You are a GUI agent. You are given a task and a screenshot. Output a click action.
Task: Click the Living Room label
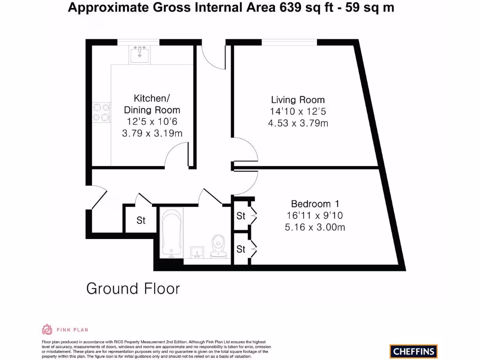tap(298, 100)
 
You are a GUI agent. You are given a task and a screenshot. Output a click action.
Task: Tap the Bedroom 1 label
tap(315, 204)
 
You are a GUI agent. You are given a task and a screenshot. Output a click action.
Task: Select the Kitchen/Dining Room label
tap(151, 104)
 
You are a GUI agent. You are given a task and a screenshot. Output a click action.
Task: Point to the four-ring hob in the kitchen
tap(101, 112)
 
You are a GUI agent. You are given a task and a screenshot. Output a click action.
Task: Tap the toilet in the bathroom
tap(218, 246)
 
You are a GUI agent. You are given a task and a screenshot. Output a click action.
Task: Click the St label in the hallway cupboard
tap(141, 220)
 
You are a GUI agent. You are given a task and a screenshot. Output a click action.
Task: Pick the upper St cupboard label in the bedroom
tap(241, 216)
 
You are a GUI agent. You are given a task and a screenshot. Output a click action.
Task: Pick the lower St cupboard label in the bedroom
tap(241, 249)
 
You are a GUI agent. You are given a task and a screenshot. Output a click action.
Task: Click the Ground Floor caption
tap(133, 288)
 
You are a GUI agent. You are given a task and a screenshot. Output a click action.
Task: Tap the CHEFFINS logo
tap(413, 351)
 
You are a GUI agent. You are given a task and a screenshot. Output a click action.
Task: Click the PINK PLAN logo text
tap(72, 330)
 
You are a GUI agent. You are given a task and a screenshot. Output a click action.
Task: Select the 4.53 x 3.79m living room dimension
tap(298, 124)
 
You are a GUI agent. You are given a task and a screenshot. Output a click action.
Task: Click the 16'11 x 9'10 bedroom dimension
tap(315, 216)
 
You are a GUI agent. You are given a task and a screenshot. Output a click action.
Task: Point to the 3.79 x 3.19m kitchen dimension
tap(151, 133)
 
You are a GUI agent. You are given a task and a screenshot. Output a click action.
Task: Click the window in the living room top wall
tap(289, 42)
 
